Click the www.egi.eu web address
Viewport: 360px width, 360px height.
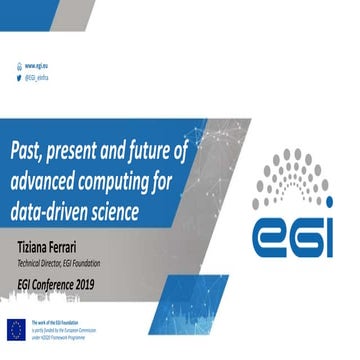coord(40,63)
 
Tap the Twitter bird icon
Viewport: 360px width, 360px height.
coord(18,75)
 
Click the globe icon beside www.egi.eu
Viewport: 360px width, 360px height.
coord(18,63)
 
